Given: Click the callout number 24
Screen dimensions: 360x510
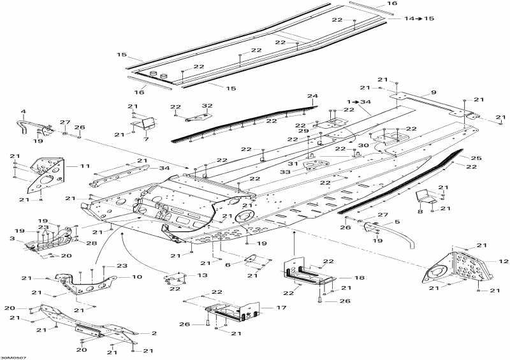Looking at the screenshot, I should (x=312, y=96).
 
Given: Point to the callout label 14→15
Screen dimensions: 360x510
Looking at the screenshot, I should (x=419, y=18).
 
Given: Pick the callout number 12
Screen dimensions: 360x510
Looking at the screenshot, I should (x=503, y=261).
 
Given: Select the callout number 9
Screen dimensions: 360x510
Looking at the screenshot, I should (x=433, y=92).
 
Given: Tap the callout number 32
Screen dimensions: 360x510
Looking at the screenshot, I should (x=207, y=106).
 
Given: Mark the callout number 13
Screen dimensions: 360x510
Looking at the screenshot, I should (x=202, y=275).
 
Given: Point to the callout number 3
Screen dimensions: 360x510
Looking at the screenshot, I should (x=11, y=238).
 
